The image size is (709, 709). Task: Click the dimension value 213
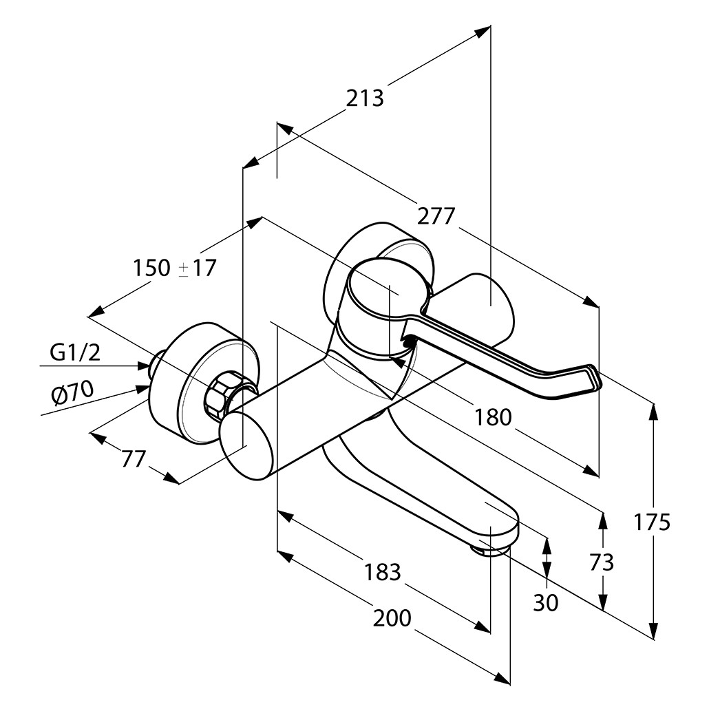pyautogui.click(x=364, y=98)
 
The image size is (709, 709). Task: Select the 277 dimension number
pyautogui.click(x=436, y=216)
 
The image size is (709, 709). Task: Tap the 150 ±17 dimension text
pyautogui.click(x=174, y=267)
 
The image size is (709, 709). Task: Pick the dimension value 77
pyautogui.click(x=134, y=458)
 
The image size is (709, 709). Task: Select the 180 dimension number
pyautogui.click(x=493, y=416)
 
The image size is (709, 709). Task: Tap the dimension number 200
pyautogui.click(x=392, y=618)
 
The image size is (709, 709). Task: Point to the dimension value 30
pyautogui.click(x=546, y=603)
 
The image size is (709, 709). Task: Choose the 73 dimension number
pyautogui.click(x=602, y=562)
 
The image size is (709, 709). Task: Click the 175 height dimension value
pyautogui.click(x=652, y=522)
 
